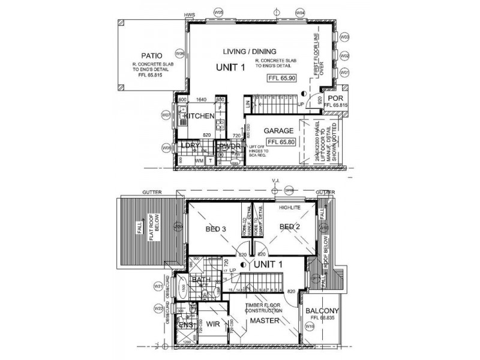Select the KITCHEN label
pos(199,116)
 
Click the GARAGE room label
pos(278,131)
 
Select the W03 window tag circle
pos(344,38)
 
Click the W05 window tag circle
pos(219,11)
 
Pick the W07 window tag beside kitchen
pos(166,115)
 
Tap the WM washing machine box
pos(199,161)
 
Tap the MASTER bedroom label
pos(263,321)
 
